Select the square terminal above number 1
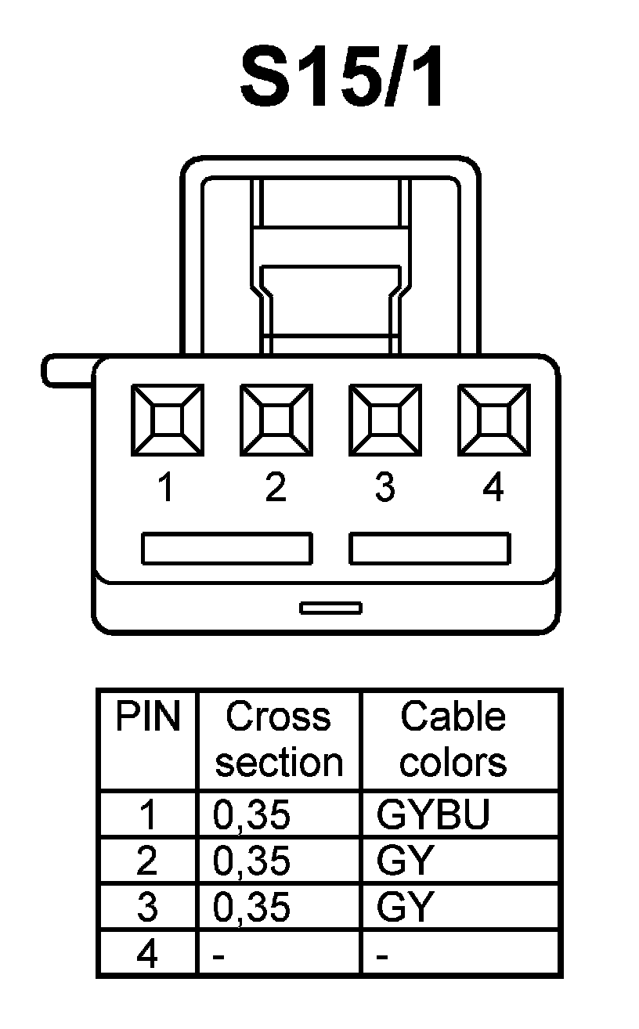click(x=166, y=420)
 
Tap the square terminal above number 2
click(x=276, y=420)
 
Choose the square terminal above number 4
click(x=493, y=420)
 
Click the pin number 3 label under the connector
click(x=384, y=489)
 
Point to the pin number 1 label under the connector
click(x=165, y=489)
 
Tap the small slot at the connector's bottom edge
click(x=330, y=608)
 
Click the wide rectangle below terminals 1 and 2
click(x=226, y=548)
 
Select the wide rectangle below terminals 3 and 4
click(x=430, y=548)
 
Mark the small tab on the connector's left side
click(x=67, y=371)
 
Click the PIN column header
click(x=147, y=717)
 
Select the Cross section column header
click(x=279, y=739)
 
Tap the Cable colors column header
click(x=453, y=739)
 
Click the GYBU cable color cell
click(x=433, y=815)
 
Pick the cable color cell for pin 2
click(x=405, y=861)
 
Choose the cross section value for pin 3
click(x=251, y=908)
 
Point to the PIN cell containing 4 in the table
click(x=147, y=955)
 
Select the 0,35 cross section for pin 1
click(x=251, y=815)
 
